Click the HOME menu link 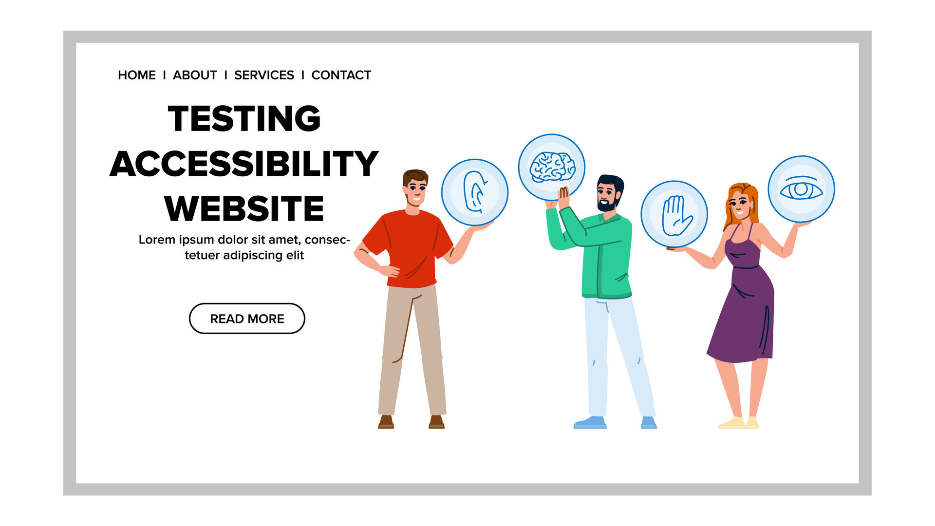136,75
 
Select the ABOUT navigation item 195,75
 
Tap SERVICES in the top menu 264,75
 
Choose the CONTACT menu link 341,75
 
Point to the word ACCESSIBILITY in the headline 244,164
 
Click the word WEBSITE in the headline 244,208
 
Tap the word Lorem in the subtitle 157,240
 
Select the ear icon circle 474,192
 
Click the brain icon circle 551,167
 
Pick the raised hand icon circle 674,214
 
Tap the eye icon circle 801,189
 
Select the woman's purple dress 743,312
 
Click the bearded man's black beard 607,205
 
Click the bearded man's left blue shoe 590,423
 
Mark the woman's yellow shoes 738,423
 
